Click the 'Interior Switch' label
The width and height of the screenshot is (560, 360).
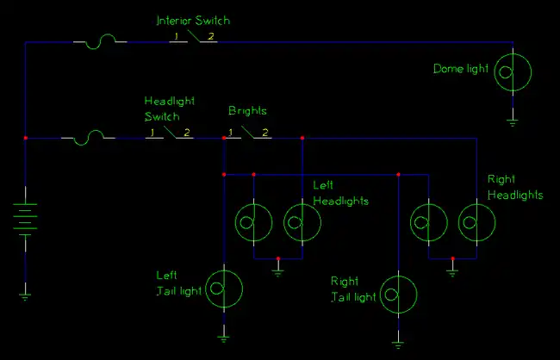click(192, 20)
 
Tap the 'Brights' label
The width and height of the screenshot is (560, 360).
click(247, 112)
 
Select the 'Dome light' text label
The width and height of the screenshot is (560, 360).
click(460, 69)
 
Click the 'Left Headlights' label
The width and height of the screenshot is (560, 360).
click(340, 194)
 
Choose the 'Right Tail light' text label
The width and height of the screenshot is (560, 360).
click(354, 289)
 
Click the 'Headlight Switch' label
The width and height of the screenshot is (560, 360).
click(162, 109)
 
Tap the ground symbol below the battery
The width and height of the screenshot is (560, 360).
click(26, 295)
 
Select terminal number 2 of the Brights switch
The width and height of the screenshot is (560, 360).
click(265, 133)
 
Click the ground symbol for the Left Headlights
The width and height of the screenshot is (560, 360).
click(278, 271)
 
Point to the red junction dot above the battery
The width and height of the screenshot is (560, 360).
click(26, 138)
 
